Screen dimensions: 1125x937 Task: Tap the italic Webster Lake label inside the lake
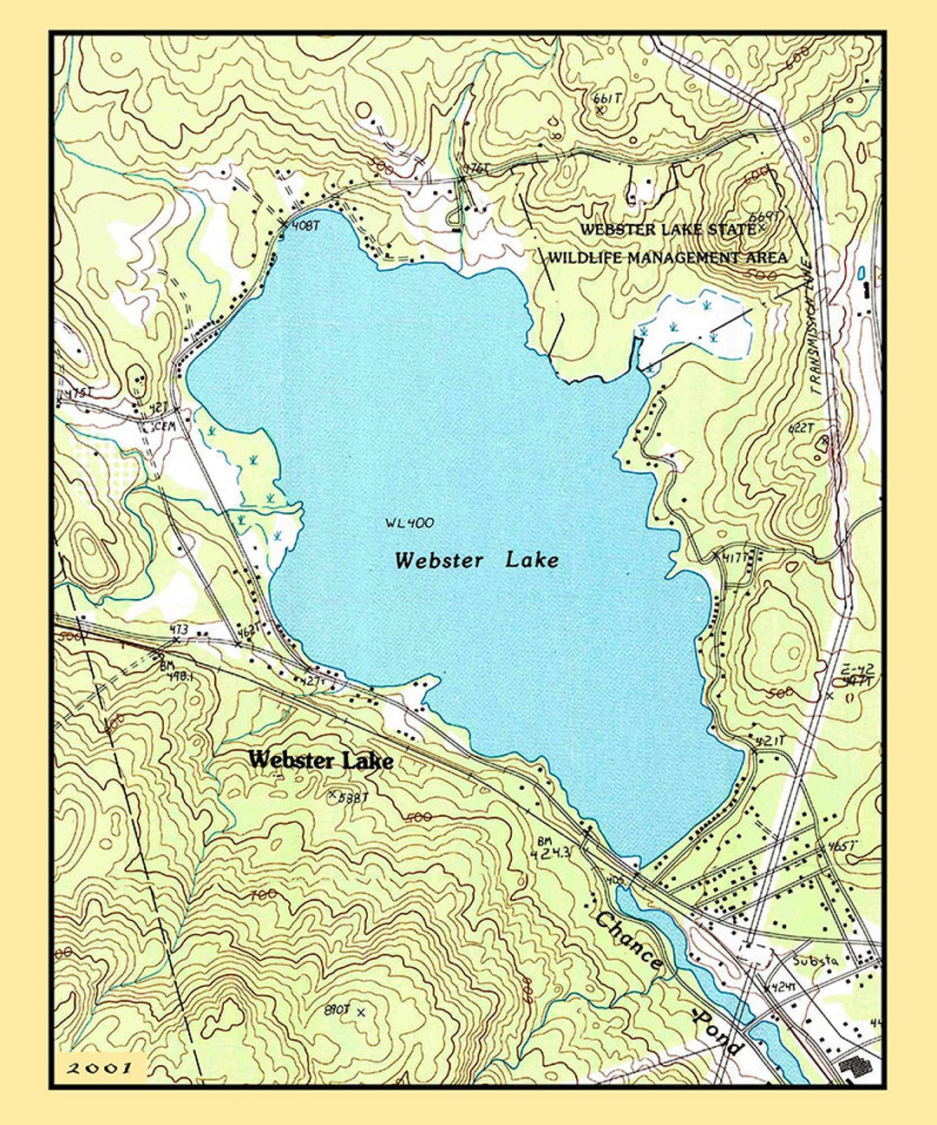pos(476,561)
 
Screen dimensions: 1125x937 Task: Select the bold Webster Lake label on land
pos(320,760)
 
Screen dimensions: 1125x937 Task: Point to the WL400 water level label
pos(409,523)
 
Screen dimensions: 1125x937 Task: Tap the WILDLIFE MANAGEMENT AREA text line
pos(667,258)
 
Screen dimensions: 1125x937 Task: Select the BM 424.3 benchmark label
pos(552,848)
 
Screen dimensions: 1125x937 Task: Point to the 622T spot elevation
pos(801,427)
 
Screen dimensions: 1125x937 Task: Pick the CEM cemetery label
pos(164,426)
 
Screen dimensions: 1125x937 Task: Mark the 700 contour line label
pos(262,894)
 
